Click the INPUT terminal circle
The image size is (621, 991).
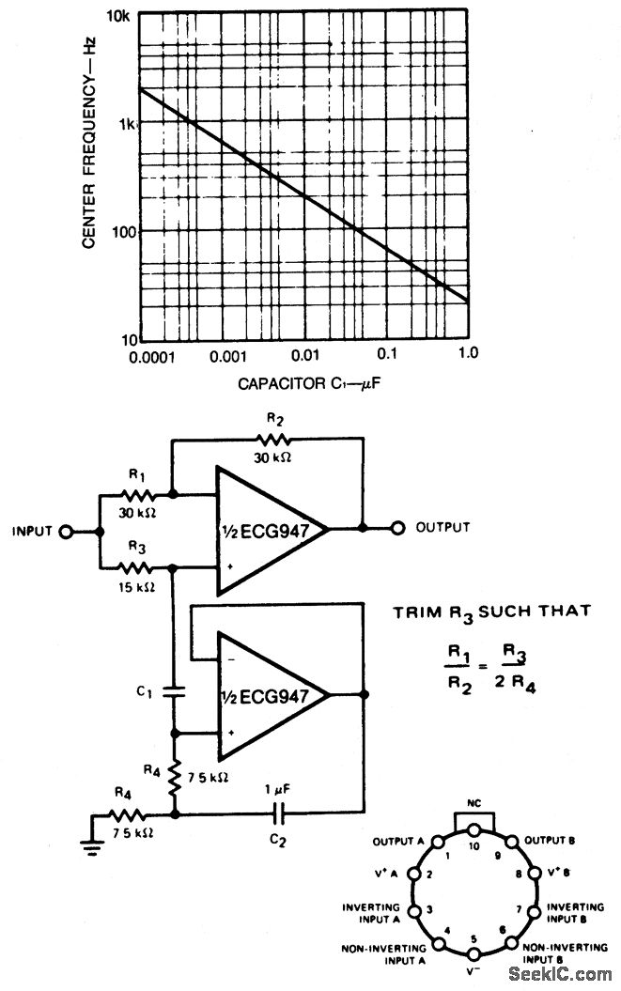pyautogui.click(x=66, y=531)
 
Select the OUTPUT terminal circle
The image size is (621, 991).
pyautogui.click(x=398, y=528)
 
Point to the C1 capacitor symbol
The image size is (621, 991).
pyautogui.click(x=173, y=693)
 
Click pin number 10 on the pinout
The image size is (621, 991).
pyautogui.click(x=474, y=845)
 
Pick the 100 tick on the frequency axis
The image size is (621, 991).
pyautogui.click(x=120, y=232)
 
